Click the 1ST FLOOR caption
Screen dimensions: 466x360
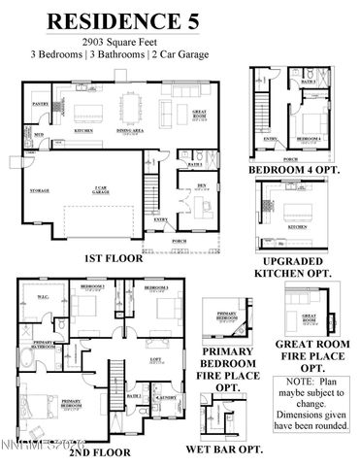pyautogui.click(x=115, y=259)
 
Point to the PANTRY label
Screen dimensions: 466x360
pyautogui.click(x=41, y=102)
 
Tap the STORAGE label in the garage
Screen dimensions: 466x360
pyautogui.click(x=40, y=191)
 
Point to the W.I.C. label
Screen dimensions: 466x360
pyautogui.click(x=45, y=298)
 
